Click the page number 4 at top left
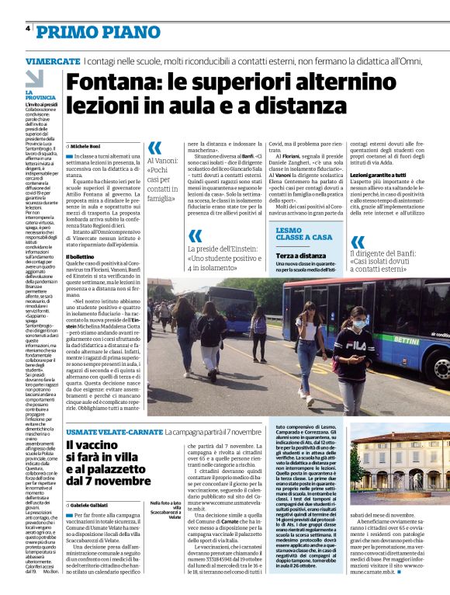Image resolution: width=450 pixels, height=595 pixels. click(28, 30)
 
